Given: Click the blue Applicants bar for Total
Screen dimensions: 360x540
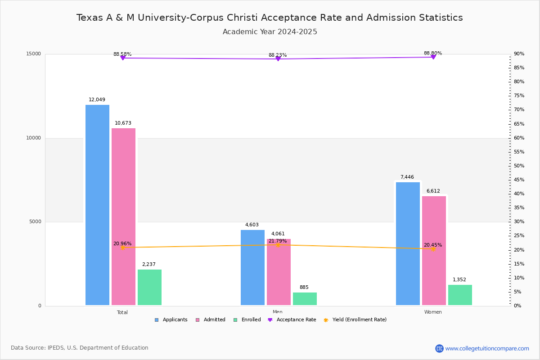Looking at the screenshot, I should tap(97, 205).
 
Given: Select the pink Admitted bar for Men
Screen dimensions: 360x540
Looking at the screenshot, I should tap(279, 272).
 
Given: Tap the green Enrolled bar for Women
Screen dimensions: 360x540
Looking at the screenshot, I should tap(460, 295).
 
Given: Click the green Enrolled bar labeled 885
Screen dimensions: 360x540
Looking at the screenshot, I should tap(305, 299).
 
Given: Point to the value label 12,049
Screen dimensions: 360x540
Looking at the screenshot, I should tap(97, 100).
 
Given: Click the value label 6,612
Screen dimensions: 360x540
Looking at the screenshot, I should tap(433, 191).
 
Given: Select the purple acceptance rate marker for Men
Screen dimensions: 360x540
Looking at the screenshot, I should tap(278, 59).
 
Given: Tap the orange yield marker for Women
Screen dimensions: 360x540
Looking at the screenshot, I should tap(433, 249).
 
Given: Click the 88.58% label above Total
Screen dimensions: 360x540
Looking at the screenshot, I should tap(122, 54).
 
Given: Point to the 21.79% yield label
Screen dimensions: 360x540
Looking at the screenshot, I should tap(278, 241).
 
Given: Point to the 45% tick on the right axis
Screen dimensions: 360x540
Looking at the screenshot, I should tap(519, 180).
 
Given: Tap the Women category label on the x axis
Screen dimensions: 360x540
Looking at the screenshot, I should tap(433, 312).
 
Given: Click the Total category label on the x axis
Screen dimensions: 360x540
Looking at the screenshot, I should tap(122, 312).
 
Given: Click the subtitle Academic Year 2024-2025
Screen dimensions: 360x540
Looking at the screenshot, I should tap(270, 32).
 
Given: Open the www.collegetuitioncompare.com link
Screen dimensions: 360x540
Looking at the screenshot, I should tap(487, 348).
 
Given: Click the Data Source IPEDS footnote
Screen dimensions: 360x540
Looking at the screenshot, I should tap(80, 348).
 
